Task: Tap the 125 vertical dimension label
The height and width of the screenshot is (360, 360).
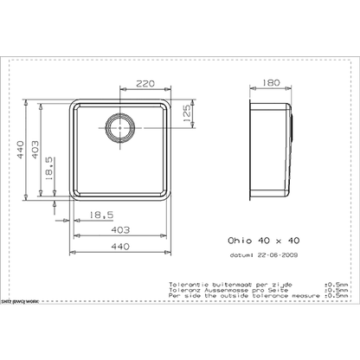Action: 184,117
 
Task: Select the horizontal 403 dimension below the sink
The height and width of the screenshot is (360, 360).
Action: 122,229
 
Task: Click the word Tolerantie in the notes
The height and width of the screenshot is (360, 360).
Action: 182,283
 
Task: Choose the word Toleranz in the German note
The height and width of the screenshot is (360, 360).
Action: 180,288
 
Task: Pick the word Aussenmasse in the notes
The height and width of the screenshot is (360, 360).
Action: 213,288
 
